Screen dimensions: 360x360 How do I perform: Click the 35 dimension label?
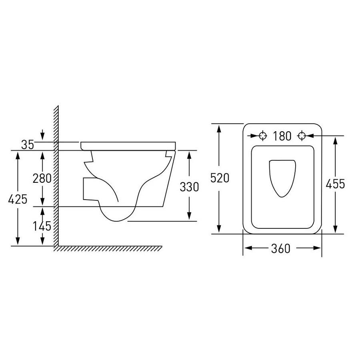(28, 145)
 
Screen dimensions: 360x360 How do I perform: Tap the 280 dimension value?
(42, 178)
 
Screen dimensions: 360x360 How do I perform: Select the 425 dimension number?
(18, 199)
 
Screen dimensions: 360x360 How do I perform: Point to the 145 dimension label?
(42, 226)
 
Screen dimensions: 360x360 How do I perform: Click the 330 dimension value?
(189, 187)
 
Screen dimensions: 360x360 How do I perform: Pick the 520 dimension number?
(220, 178)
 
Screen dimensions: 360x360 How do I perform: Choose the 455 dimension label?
(335, 184)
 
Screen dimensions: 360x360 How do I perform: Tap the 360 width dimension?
(280, 248)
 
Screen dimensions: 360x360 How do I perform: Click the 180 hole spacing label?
(282, 136)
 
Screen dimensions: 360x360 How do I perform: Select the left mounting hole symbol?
(263, 136)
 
